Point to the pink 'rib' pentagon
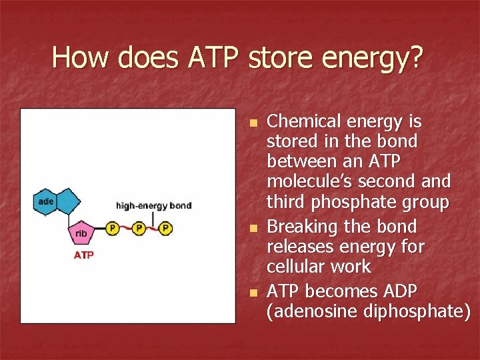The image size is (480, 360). coord(81,233)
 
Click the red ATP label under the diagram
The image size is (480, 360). coord(83,255)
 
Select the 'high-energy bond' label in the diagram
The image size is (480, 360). coord(153,205)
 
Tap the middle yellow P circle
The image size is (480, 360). coord(139,229)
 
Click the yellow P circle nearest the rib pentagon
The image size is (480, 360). coord(113,229)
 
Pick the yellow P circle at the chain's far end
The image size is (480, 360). coord(165,229)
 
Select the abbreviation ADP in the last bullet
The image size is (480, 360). coord(399,291)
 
